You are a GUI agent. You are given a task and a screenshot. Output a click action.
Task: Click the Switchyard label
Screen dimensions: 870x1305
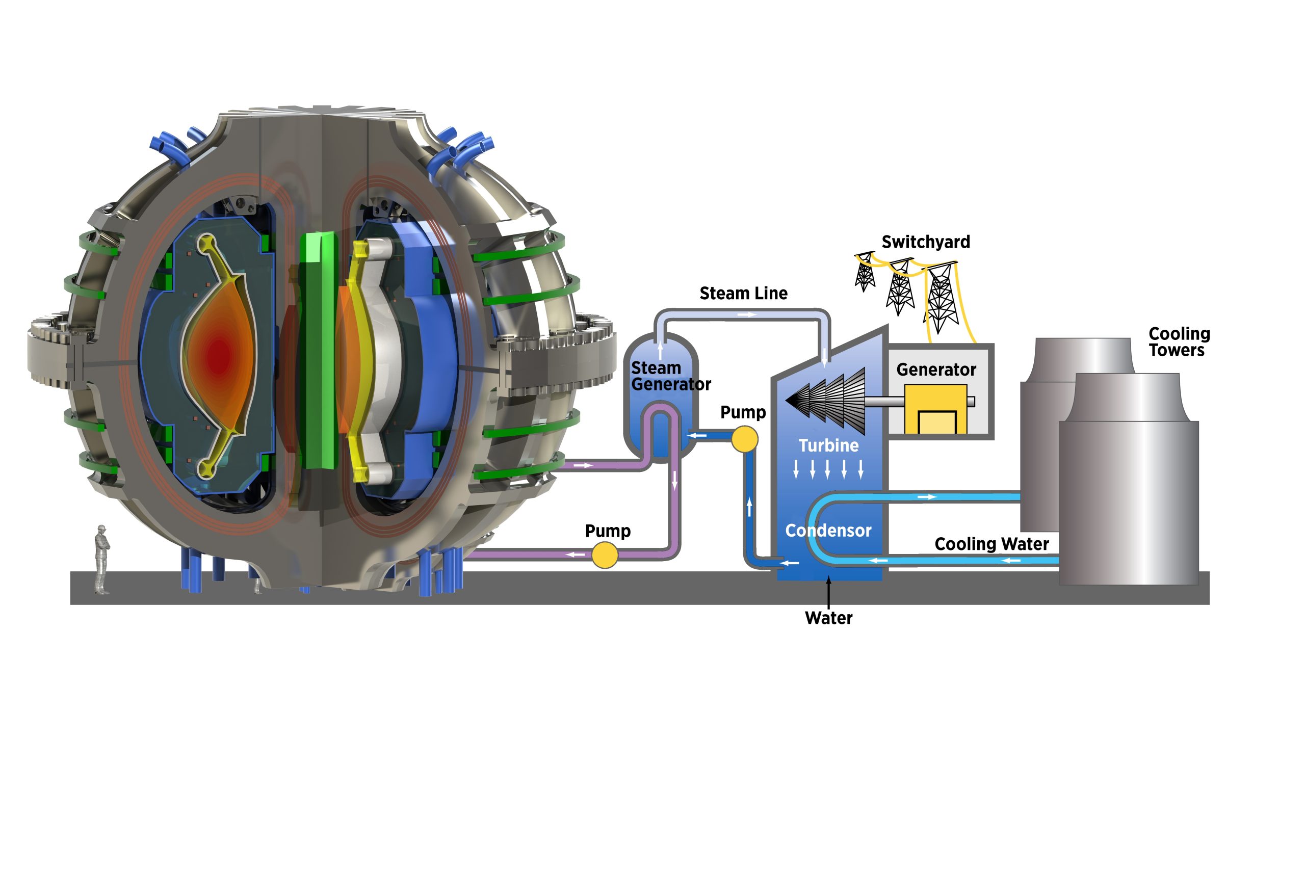pyautogui.click(x=926, y=242)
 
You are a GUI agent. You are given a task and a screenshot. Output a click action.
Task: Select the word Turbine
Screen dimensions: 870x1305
pyautogui.click(x=828, y=445)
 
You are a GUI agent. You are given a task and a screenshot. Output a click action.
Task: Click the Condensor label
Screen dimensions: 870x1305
pyautogui.click(x=828, y=531)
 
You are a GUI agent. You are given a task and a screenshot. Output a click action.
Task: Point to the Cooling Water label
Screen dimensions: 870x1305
pyautogui.click(x=991, y=544)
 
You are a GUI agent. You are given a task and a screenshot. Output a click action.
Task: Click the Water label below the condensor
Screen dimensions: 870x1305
pyautogui.click(x=828, y=618)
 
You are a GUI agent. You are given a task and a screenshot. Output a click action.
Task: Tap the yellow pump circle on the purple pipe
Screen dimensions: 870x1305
pyautogui.click(x=605, y=555)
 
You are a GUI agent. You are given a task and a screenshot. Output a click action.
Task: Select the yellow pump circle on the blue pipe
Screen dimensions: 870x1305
pyautogui.click(x=745, y=439)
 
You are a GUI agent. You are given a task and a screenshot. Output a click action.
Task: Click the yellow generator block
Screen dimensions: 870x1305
pyautogui.click(x=935, y=409)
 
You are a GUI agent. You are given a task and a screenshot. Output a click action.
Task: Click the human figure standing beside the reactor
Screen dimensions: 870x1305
pyautogui.click(x=101, y=559)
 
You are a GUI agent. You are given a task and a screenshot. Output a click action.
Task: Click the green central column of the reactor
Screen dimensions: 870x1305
pyautogui.click(x=318, y=350)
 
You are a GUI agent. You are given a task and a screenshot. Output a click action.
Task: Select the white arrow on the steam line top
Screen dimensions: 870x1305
pyautogui.click(x=747, y=314)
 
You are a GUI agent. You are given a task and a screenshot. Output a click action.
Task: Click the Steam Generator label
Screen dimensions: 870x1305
pyautogui.click(x=670, y=376)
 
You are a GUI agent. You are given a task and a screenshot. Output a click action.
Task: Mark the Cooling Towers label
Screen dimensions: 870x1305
pyautogui.click(x=1179, y=342)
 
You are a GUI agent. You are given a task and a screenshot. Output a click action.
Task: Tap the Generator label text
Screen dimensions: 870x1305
pyautogui.click(x=936, y=370)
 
